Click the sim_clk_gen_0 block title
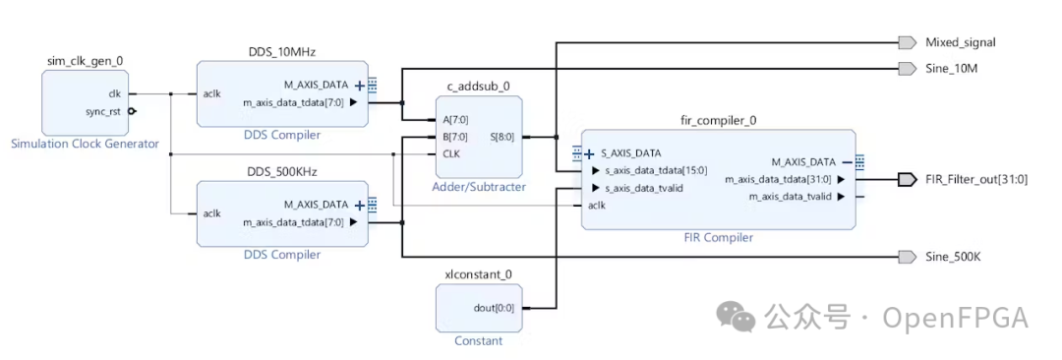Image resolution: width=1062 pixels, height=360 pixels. (85, 61)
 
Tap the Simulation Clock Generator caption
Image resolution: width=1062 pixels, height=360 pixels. (85, 144)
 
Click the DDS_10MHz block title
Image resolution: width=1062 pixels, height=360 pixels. (282, 51)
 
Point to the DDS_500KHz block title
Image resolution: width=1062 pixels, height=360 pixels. (282, 171)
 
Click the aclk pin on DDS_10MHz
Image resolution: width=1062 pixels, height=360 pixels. (212, 94)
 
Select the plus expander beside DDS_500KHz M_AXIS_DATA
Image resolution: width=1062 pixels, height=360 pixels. (360, 205)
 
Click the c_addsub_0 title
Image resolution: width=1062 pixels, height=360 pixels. (478, 86)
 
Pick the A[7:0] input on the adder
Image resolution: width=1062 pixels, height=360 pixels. (453, 120)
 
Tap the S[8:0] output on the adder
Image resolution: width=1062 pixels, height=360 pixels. (502, 137)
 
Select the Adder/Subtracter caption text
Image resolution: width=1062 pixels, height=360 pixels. (479, 186)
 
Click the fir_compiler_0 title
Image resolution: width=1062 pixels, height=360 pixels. (718, 120)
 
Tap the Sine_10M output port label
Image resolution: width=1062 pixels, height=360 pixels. (951, 68)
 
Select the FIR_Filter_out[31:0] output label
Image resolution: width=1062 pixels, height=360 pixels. (976, 179)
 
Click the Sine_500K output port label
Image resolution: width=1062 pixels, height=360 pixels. (953, 257)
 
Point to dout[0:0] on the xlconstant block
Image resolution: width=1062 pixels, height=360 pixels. (493, 308)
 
